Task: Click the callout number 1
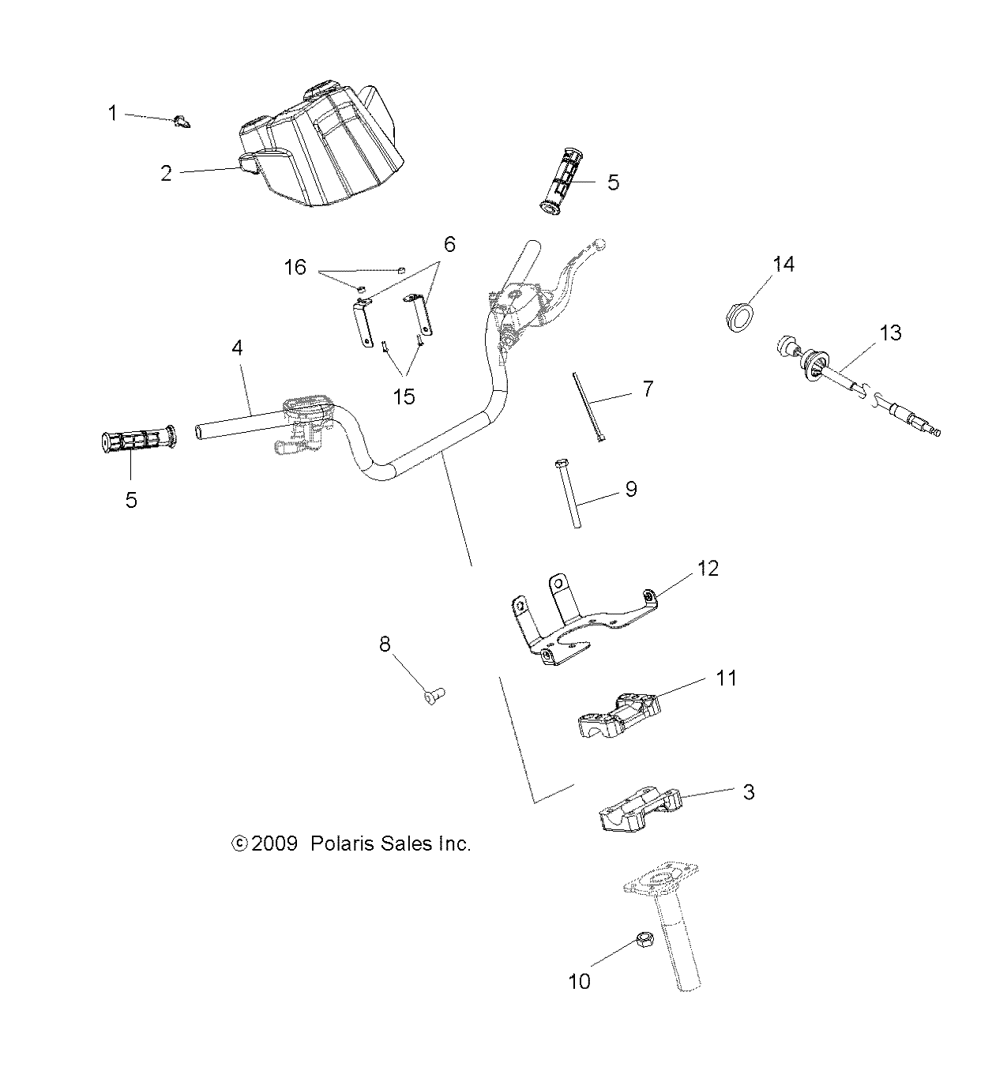tap(112, 114)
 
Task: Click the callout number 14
tap(783, 264)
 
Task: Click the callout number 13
tap(890, 332)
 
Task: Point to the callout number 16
tap(295, 268)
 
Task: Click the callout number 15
tap(404, 396)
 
